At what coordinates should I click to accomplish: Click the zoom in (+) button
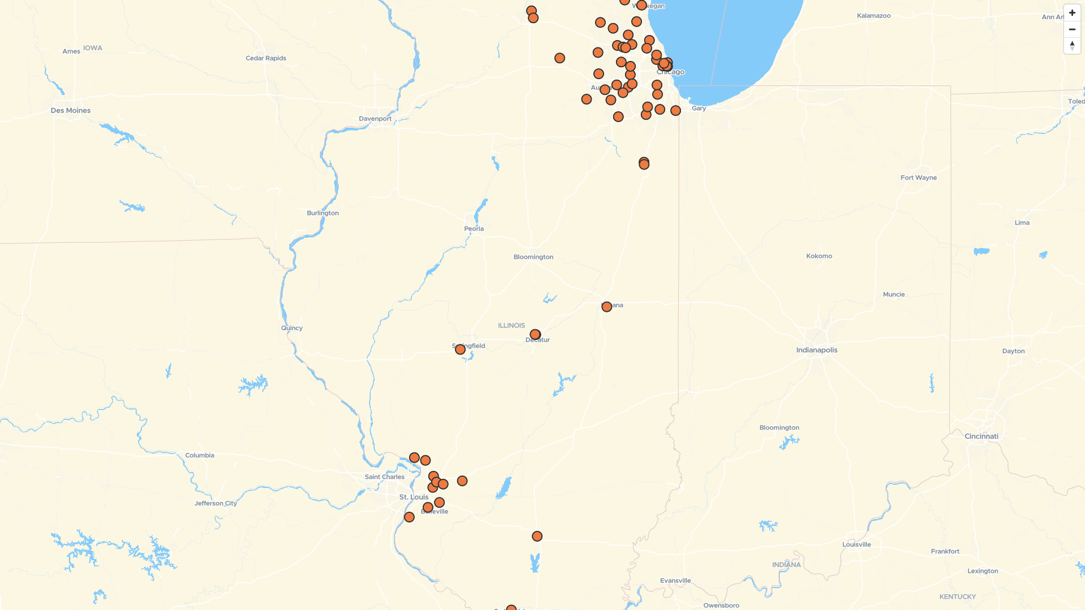pos(1072,13)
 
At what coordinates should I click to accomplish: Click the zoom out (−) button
pos(1072,29)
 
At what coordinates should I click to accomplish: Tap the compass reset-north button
pos(1072,46)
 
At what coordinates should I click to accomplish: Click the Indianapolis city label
pos(817,350)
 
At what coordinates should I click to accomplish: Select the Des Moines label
pos(71,111)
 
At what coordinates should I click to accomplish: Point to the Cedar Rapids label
pos(266,58)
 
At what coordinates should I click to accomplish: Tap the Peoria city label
pos(474,229)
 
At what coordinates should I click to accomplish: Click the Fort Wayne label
pos(918,178)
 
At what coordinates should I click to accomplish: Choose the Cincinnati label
pos(981,437)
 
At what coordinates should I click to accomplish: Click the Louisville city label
pos(856,545)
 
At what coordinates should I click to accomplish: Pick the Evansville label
pos(675,581)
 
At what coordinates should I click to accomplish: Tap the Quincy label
pos(292,328)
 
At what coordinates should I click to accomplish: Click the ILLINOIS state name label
pos(511,326)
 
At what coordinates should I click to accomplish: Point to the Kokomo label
pos(819,256)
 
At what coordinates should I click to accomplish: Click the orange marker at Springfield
pos(460,350)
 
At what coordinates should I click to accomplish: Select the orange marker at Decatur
pos(535,334)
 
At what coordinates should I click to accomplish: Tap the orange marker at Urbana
pos(606,307)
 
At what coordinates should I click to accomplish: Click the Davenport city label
pos(375,119)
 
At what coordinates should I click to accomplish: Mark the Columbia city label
pos(199,455)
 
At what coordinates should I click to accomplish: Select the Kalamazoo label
pos(874,16)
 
